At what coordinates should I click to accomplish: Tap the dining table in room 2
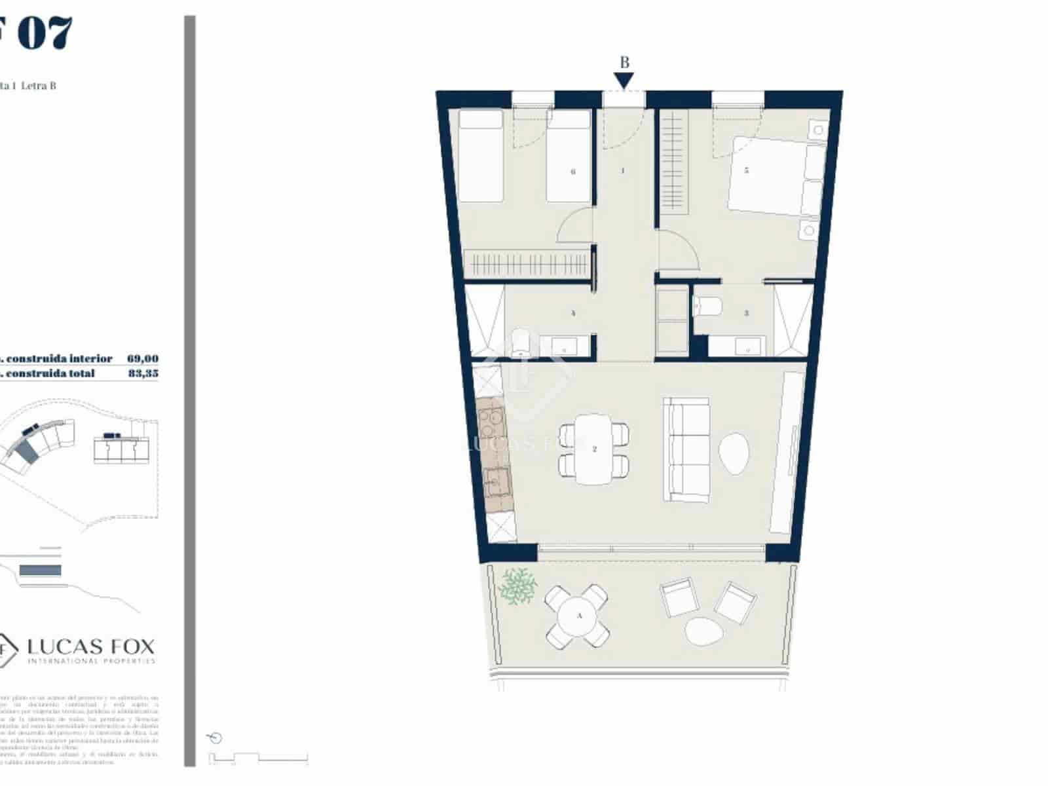(x=594, y=449)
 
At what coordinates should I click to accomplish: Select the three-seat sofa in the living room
(x=686, y=449)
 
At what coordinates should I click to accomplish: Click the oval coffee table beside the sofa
(x=734, y=453)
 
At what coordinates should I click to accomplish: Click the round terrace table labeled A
(x=578, y=616)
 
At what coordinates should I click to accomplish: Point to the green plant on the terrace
(x=518, y=585)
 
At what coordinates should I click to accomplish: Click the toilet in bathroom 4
(x=522, y=343)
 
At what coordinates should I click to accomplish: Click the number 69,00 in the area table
(x=143, y=358)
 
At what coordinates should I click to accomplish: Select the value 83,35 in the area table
(x=143, y=373)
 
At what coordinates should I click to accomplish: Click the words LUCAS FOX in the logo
(x=91, y=646)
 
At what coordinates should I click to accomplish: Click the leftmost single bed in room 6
(x=481, y=156)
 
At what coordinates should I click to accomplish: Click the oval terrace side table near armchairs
(x=703, y=630)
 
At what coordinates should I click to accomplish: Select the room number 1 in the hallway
(x=622, y=171)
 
